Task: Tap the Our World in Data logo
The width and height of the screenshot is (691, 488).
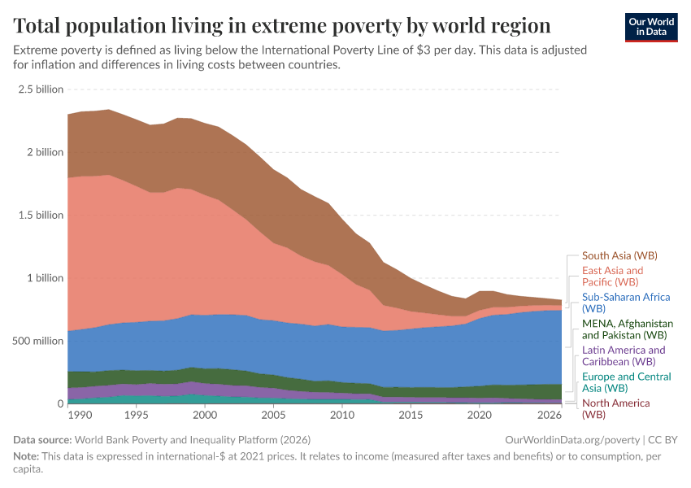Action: click(651, 27)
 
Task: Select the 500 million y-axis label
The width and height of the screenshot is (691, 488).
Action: click(37, 341)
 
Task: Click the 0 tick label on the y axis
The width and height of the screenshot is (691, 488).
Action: click(60, 403)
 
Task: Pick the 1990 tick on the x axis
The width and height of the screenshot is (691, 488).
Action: click(80, 416)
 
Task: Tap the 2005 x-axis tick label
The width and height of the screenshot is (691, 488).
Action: click(273, 416)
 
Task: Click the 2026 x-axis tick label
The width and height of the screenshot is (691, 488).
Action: click(549, 416)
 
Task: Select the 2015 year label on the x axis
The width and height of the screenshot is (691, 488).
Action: click(411, 416)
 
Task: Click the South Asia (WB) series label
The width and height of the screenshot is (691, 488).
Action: click(619, 255)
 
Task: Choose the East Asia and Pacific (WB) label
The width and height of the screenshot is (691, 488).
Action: click(612, 276)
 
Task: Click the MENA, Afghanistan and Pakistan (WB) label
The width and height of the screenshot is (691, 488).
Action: click(627, 329)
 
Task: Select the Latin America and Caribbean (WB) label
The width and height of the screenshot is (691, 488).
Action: click(623, 355)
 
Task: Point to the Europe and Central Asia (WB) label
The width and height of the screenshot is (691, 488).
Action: click(626, 382)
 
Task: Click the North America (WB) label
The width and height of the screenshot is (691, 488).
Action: click(615, 408)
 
